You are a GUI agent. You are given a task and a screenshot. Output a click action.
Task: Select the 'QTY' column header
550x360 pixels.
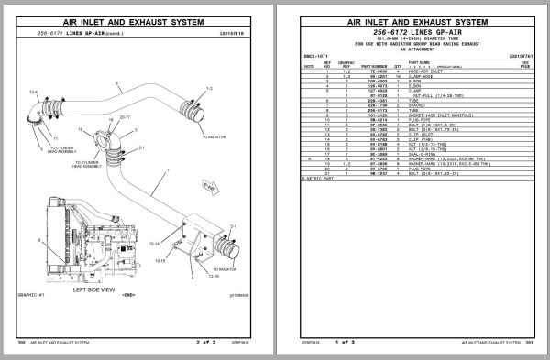click(x=396, y=66)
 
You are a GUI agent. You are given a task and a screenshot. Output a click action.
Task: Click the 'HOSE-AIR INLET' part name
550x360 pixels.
click(x=427, y=71)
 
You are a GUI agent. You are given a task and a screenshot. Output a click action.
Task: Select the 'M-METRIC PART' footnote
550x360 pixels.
click(x=313, y=177)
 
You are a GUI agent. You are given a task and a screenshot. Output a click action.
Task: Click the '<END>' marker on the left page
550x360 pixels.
click(x=129, y=297)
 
